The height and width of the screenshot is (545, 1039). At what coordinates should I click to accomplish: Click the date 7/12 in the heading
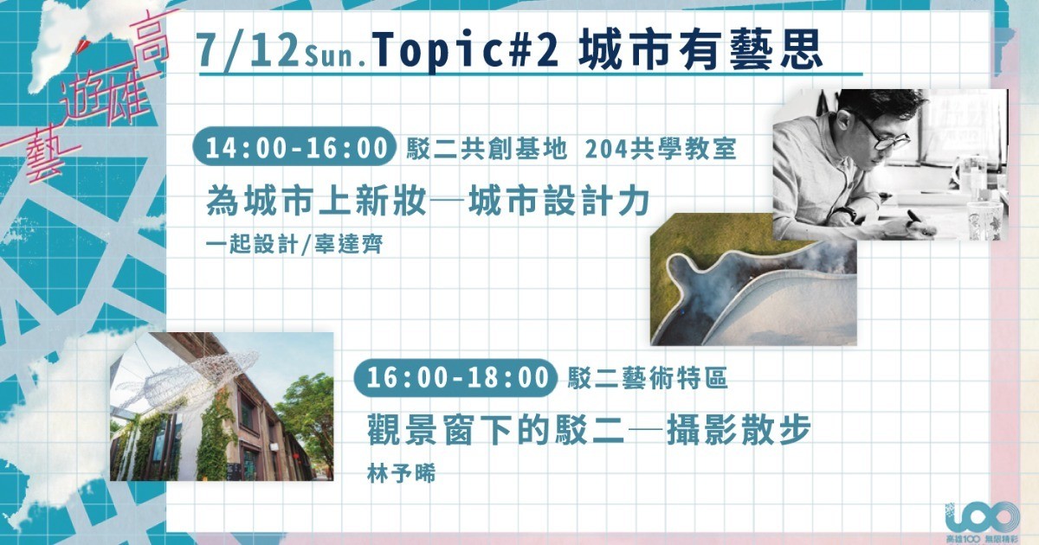(248, 51)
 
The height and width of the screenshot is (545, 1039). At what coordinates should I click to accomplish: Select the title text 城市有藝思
(700, 50)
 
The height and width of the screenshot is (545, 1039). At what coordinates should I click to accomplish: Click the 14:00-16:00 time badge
(294, 146)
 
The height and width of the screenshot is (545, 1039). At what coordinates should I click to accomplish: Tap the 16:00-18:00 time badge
(455, 377)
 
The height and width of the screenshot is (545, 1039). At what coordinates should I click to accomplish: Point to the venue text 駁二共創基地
(487, 149)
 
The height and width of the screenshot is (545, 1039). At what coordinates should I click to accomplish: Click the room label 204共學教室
(661, 149)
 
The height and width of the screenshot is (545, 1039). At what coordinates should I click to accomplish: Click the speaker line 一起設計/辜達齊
(294, 244)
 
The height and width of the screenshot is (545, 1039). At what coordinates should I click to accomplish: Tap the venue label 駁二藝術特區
(648, 377)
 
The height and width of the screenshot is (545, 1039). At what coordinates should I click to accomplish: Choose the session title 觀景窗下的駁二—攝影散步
(589, 429)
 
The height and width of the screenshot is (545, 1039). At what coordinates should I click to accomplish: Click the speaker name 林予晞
(401, 474)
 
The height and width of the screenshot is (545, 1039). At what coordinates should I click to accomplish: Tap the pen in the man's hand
(920, 222)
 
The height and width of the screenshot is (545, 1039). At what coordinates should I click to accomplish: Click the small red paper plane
(82, 46)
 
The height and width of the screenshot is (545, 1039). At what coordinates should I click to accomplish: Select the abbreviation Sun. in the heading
(337, 58)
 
